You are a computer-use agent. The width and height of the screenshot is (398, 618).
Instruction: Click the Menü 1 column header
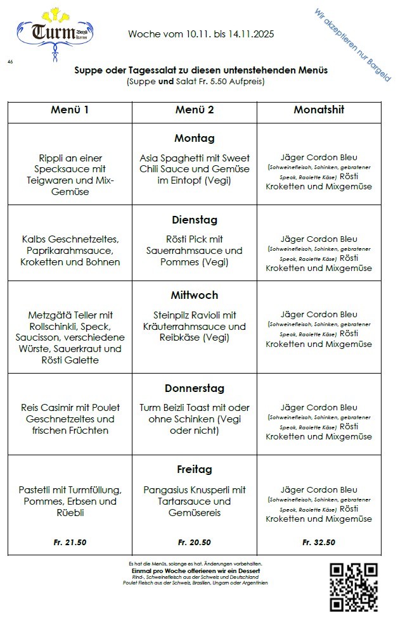click(x=70, y=110)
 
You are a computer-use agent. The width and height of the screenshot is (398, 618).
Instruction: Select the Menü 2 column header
click(x=194, y=110)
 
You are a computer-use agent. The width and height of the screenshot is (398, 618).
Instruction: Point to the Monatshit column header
click(x=319, y=110)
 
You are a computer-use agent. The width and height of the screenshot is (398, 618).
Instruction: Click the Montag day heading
click(x=194, y=138)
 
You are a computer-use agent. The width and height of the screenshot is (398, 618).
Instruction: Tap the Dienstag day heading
click(x=194, y=220)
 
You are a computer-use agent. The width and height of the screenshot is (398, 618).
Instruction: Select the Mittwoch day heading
click(x=194, y=295)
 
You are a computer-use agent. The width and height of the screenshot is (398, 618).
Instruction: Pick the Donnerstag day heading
click(x=194, y=388)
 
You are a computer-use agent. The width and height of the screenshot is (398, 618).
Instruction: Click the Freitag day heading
click(x=194, y=470)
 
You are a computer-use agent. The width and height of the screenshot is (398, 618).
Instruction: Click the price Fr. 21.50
click(x=70, y=542)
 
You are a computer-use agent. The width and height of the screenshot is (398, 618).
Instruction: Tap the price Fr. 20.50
click(x=194, y=542)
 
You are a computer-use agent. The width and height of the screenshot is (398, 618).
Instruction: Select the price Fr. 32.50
click(x=319, y=542)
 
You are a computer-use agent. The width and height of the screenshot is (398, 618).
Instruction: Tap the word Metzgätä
click(x=51, y=315)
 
